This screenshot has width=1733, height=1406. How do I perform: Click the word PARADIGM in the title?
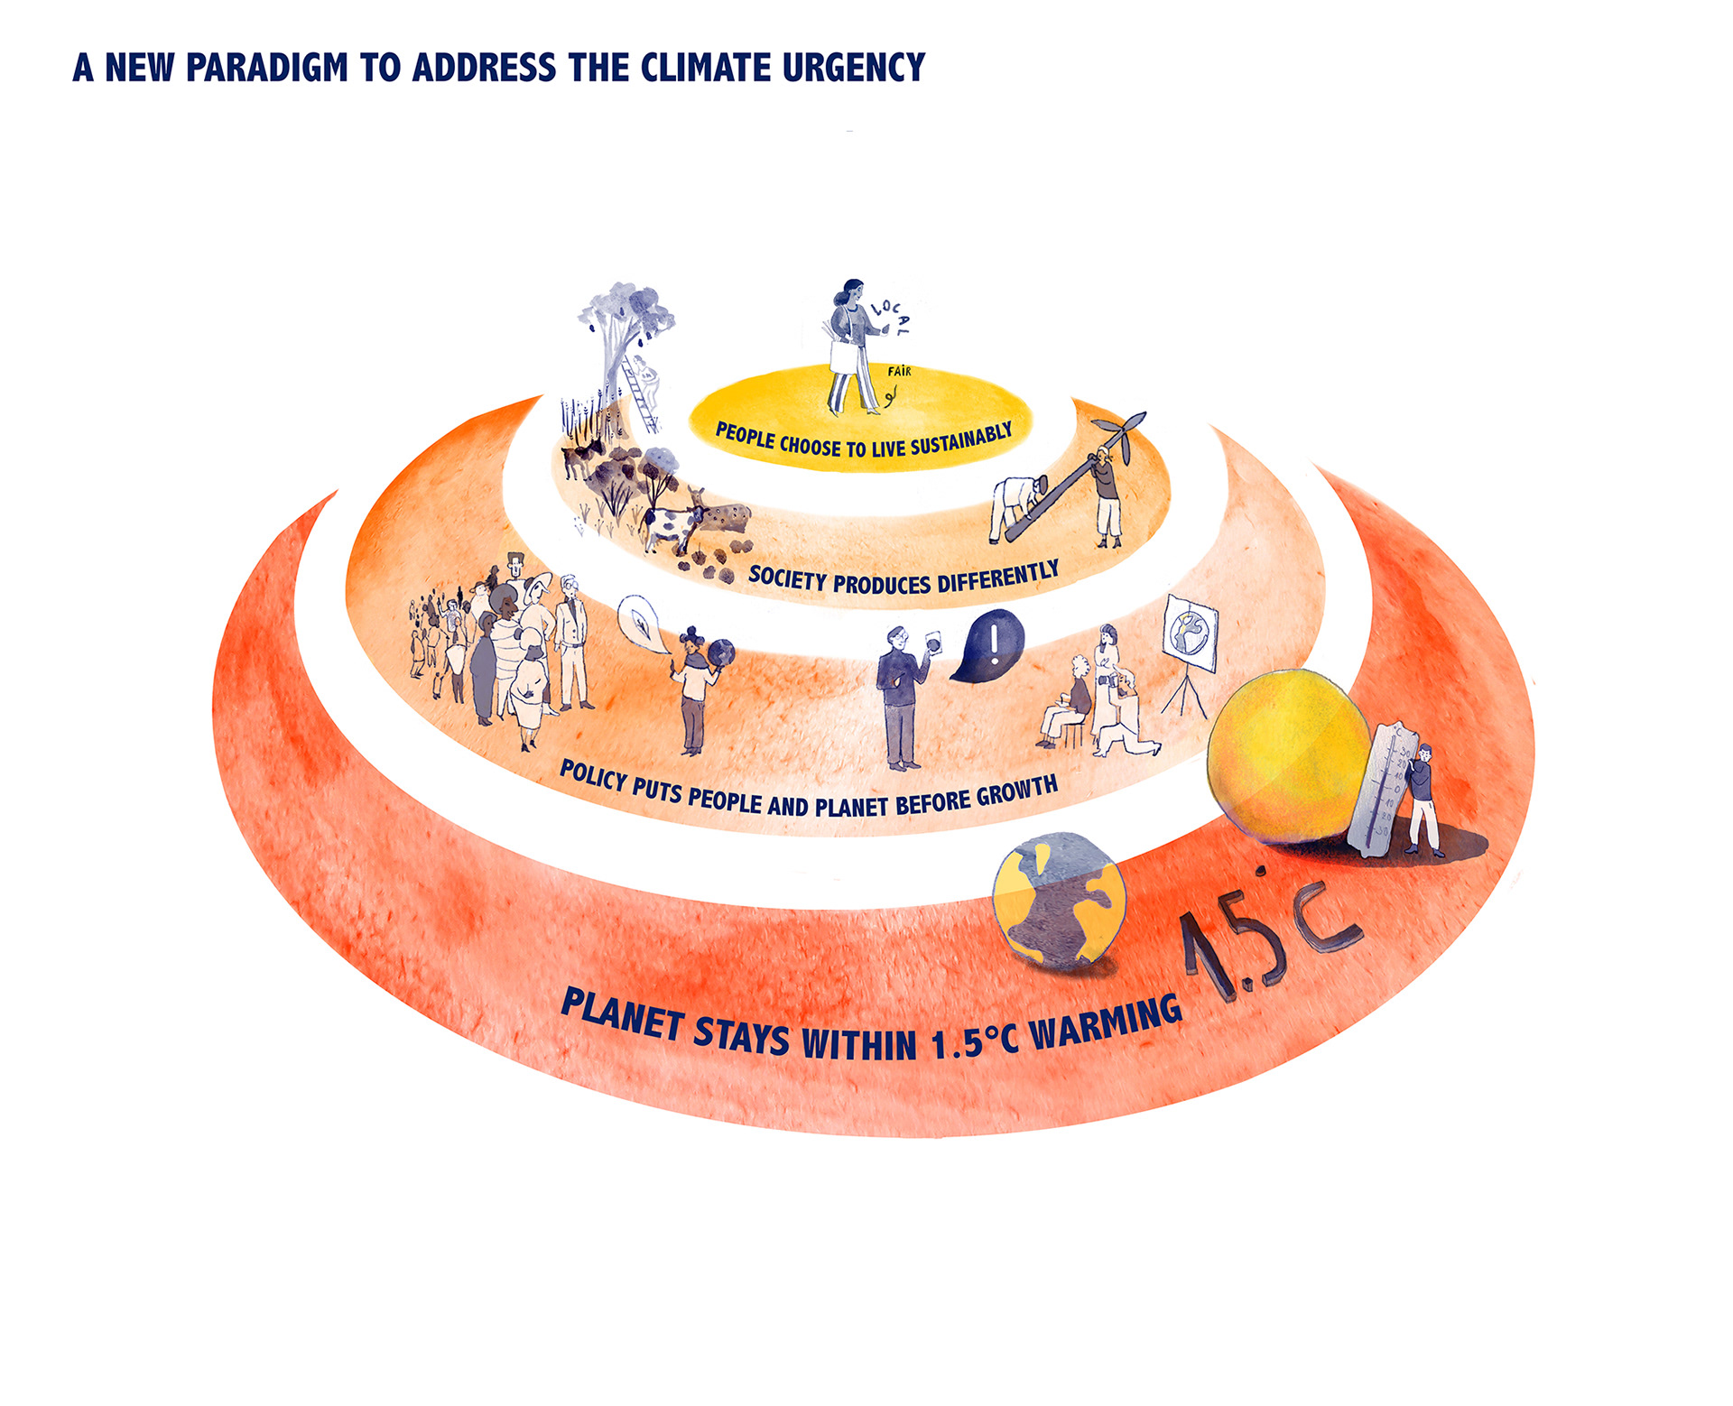266,68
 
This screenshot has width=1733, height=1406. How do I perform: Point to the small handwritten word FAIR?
899,371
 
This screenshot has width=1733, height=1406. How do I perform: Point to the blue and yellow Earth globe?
1058,902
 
